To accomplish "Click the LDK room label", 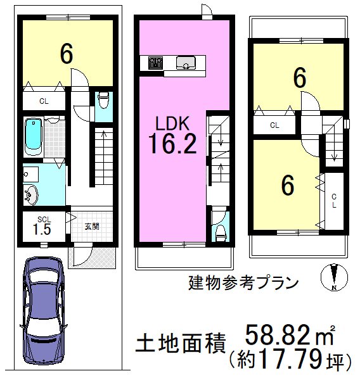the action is (172, 123).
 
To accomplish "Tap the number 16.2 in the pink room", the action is (172, 144).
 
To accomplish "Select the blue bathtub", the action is (33, 137).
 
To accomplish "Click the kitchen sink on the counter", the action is (186, 63).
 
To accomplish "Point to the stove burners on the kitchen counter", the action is (155, 63).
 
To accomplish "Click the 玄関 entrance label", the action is (92, 227).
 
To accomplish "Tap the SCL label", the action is (44, 220).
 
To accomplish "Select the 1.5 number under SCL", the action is (42, 229).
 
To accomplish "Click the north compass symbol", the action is (334, 277).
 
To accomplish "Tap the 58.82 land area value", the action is (277, 335).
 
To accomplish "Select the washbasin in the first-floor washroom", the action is (30, 195).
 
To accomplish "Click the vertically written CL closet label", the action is (334, 201).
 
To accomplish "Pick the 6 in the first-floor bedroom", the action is (67, 54).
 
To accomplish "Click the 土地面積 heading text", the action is (181, 343).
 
